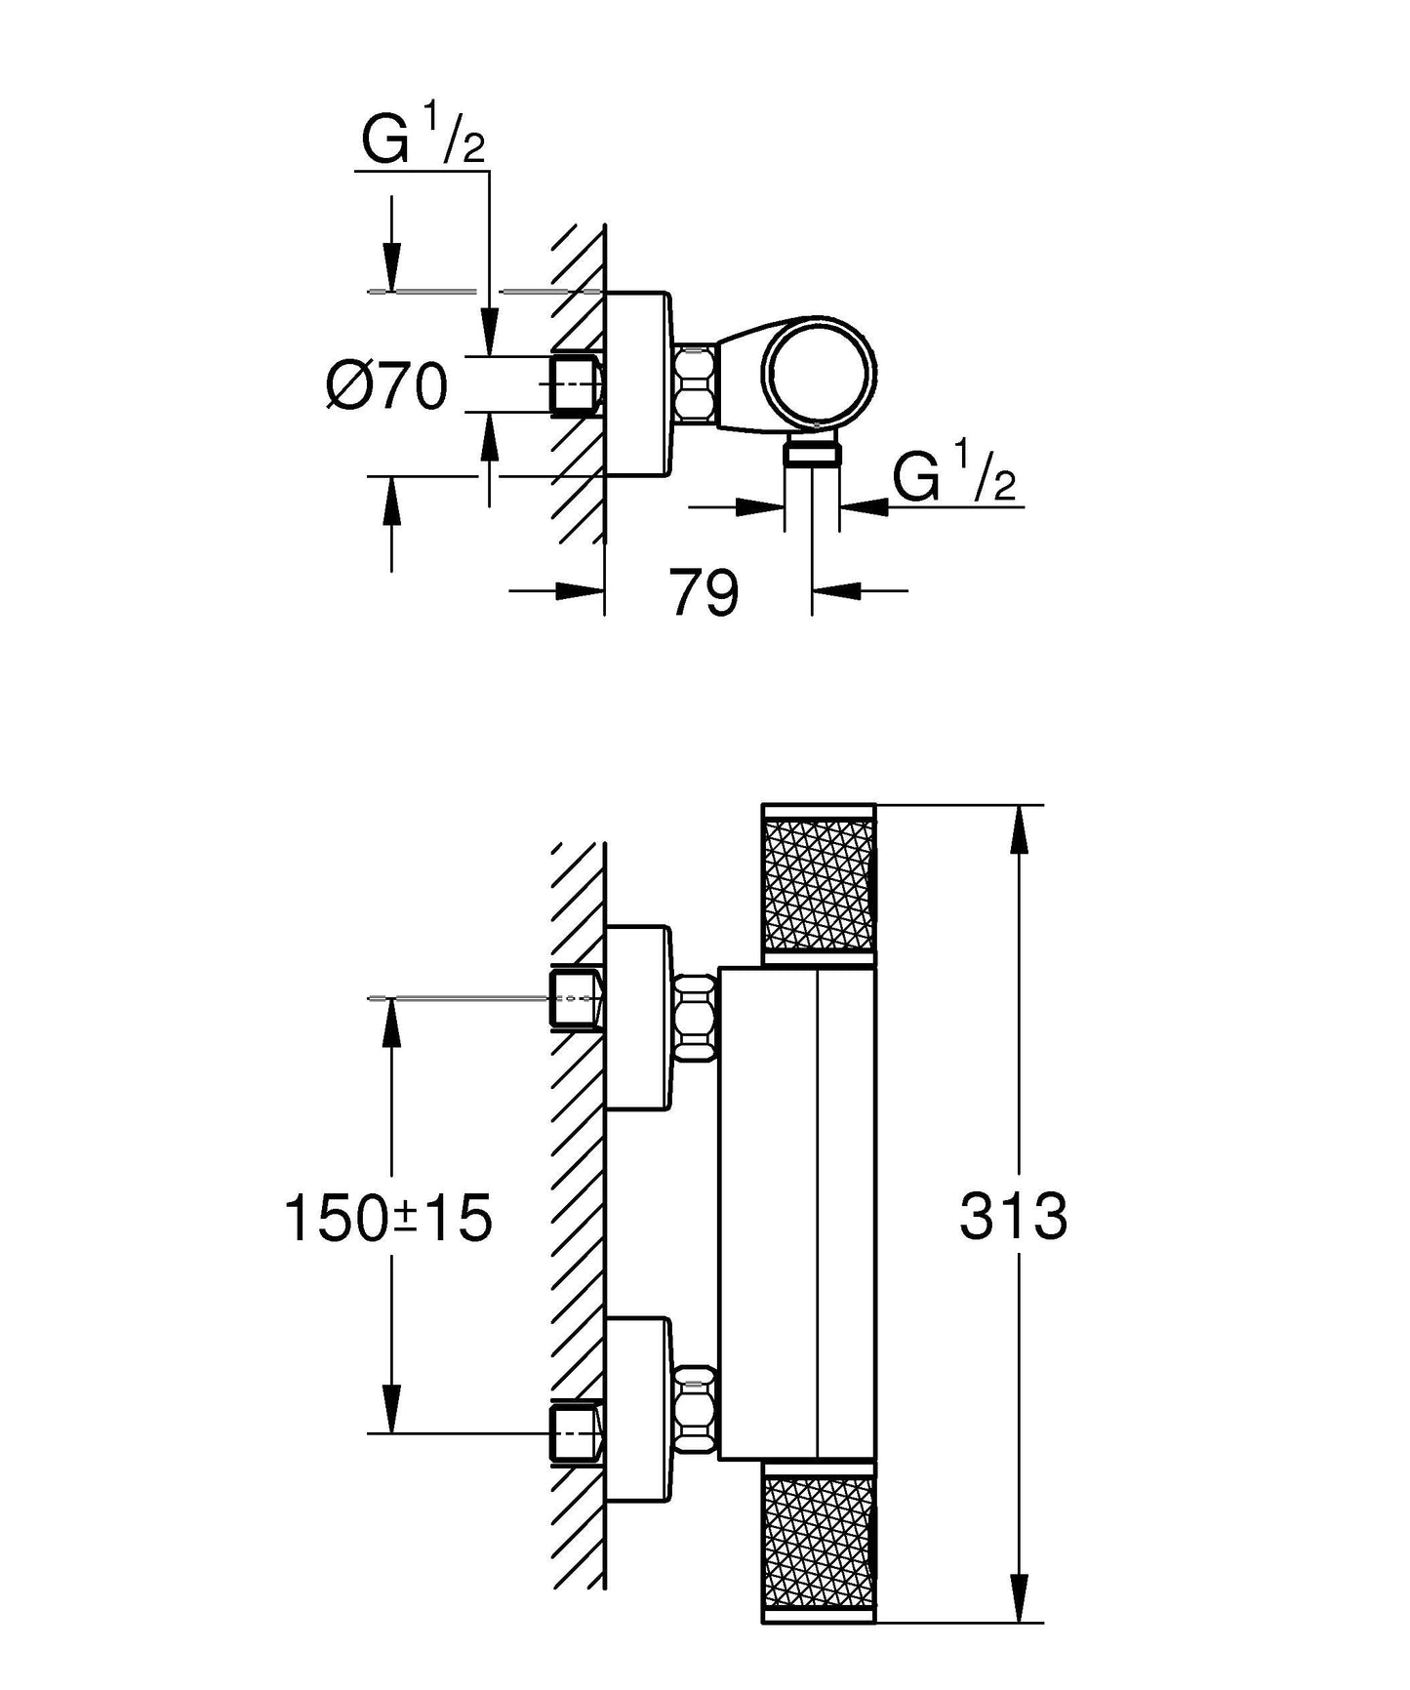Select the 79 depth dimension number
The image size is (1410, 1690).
click(704, 592)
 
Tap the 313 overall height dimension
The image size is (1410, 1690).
click(1013, 1217)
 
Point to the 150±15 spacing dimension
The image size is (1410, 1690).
click(387, 1219)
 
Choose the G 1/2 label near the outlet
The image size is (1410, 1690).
click(953, 477)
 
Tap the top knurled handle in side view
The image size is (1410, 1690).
click(818, 883)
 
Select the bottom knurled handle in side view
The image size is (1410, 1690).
click(818, 1547)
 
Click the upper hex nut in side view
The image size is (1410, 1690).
click(695, 1017)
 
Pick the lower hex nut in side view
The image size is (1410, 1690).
click(695, 1408)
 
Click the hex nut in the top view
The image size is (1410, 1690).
click(695, 383)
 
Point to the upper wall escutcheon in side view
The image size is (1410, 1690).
click(638, 1017)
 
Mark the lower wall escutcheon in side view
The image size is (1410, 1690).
click(638, 1408)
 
